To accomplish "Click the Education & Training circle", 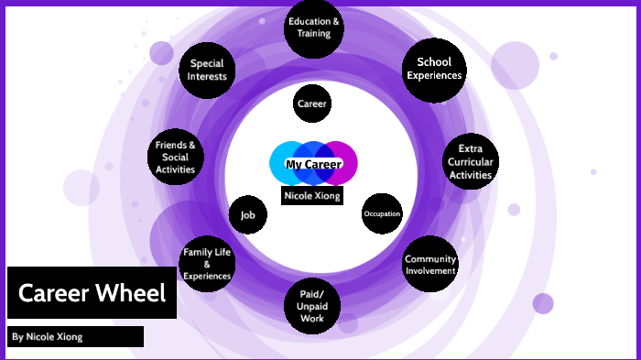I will pos(314,27).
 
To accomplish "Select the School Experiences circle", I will pos(434,69).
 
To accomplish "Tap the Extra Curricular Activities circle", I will pos(471,162).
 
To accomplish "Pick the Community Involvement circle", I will pos(429,264).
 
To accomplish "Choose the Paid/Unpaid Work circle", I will pos(312,305).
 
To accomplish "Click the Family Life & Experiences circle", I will pos(206,264).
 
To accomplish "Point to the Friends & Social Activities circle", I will pos(175,157).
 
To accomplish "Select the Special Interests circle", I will pos(207,70).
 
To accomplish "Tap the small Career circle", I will pos(311,104).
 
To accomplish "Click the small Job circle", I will pos(247,216).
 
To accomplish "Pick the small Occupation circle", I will pos(382,214).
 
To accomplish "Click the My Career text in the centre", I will pos(314,165).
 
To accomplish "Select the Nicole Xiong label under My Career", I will pos(312,195).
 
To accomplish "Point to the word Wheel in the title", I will pos(134,293).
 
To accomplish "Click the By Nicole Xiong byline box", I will pos(76,336).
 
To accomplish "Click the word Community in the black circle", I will pos(429,258).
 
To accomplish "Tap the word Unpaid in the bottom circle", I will pos(312,306).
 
